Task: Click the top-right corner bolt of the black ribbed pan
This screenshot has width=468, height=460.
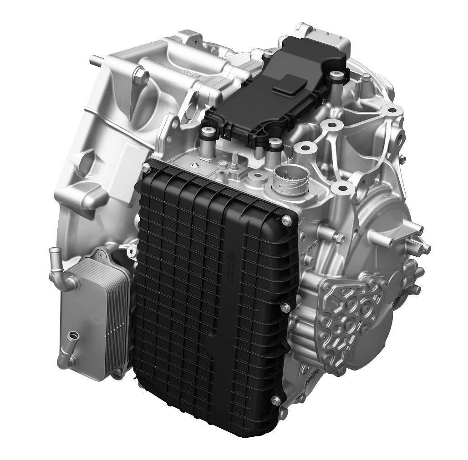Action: [x=285, y=221]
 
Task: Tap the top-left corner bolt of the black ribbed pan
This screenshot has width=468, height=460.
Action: [x=147, y=169]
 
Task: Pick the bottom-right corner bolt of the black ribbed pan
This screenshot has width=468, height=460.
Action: [x=275, y=400]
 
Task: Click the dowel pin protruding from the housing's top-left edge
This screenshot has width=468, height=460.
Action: [x=97, y=59]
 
